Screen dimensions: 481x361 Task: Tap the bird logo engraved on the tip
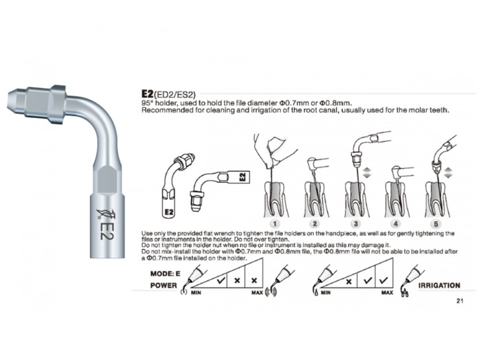(x=103, y=214)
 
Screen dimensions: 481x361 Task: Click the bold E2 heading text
(x=147, y=93)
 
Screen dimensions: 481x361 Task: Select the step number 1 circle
(x=275, y=224)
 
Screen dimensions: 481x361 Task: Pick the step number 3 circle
(x=355, y=224)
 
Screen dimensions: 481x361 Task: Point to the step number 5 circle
(x=436, y=224)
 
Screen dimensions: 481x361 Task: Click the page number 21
(x=460, y=301)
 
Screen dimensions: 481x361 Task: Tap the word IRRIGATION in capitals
(x=439, y=286)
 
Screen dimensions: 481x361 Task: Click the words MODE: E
(x=165, y=274)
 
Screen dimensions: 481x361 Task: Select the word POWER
(x=164, y=286)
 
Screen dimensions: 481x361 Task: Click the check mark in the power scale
(x=221, y=280)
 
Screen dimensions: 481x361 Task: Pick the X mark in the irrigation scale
(x=348, y=281)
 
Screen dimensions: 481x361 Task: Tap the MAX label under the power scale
(x=257, y=292)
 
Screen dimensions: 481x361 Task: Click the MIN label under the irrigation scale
(x=326, y=292)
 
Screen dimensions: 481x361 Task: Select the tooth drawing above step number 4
(x=396, y=199)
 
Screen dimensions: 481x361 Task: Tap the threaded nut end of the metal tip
(x=36, y=104)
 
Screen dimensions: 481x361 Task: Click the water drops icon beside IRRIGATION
(x=405, y=293)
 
